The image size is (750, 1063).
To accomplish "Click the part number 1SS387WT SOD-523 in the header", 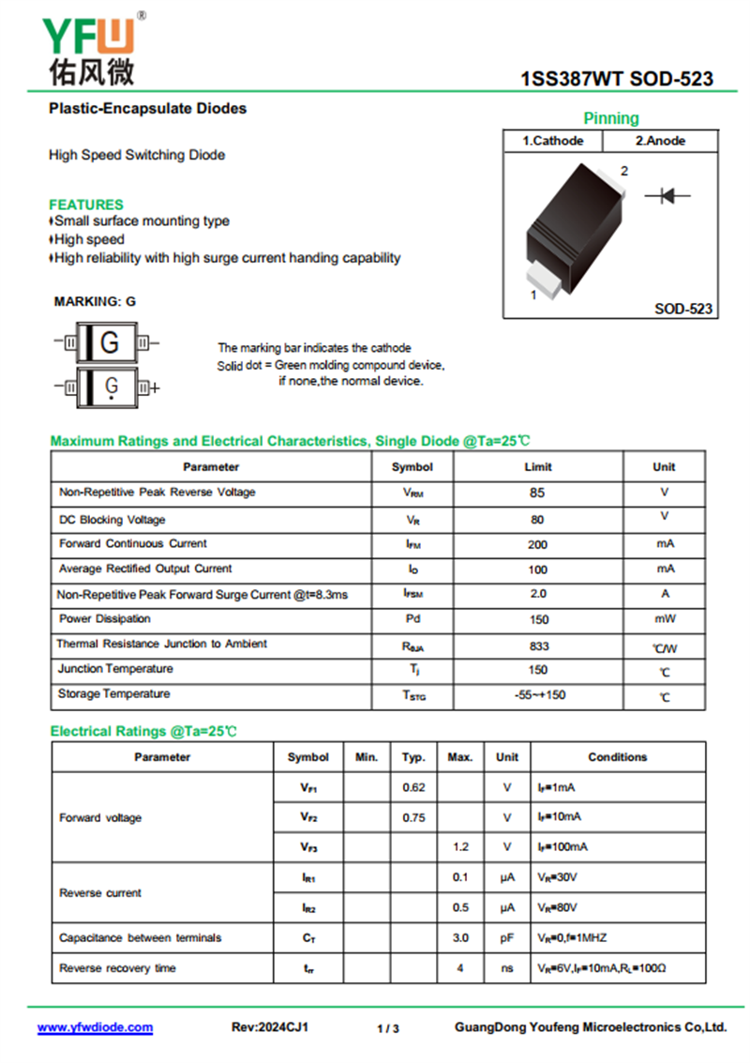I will point(616,80).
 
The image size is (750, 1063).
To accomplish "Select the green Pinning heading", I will point(611,118).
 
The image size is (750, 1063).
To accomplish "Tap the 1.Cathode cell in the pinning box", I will point(553,141).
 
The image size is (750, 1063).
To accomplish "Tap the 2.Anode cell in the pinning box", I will point(660,141).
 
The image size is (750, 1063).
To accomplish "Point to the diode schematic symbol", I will point(667,195).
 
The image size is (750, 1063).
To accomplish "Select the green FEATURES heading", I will point(86,205).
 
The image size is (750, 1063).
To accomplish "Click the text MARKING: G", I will point(95,301).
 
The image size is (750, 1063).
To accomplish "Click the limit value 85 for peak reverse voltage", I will point(537,493).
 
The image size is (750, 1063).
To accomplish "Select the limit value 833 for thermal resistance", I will point(538,646).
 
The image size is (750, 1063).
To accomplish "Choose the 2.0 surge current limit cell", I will point(538,594).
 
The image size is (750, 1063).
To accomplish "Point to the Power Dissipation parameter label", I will point(105,619).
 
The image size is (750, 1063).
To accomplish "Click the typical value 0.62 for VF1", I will point(413,787).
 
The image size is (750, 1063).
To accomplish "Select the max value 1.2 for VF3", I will point(460,847).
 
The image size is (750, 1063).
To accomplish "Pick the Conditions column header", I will point(617,757).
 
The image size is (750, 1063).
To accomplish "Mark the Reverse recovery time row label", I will point(117,968).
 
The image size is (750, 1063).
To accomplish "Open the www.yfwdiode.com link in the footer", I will point(95,1027).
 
